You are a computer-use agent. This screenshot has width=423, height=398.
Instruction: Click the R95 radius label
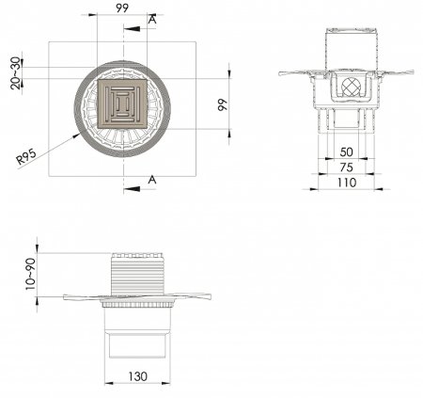(x=26, y=156)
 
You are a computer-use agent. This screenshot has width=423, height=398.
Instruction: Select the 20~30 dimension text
(x=15, y=73)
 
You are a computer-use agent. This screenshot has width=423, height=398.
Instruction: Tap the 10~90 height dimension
(x=31, y=274)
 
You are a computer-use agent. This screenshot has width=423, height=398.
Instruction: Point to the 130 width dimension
(x=138, y=376)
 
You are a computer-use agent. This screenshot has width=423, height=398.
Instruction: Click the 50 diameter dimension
(x=346, y=152)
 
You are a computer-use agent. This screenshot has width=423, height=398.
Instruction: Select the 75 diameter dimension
(x=346, y=167)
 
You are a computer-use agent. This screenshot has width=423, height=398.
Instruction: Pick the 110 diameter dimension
(x=347, y=183)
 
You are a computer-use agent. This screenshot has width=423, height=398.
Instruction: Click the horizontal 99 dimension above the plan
(x=122, y=8)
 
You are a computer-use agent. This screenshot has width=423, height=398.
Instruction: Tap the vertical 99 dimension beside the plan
(x=223, y=104)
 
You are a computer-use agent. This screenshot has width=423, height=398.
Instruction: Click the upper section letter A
(x=152, y=20)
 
